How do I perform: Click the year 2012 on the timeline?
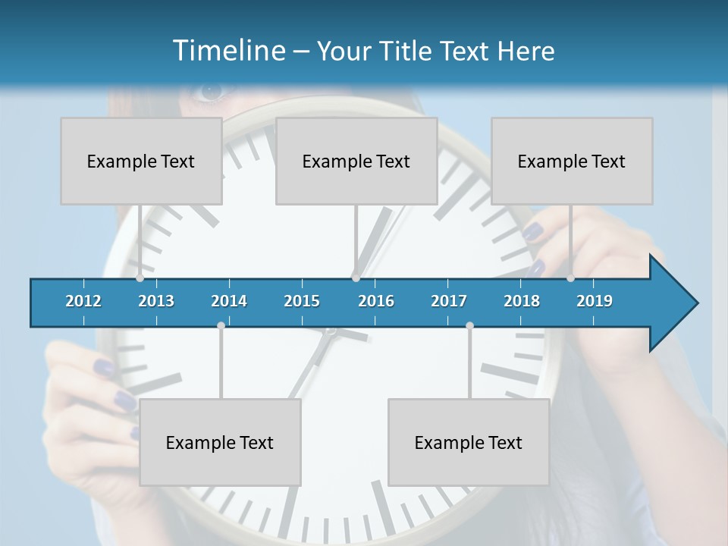click(83, 301)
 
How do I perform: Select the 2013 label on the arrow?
click(156, 301)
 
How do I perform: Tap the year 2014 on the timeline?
click(229, 301)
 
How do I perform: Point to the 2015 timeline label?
click(302, 301)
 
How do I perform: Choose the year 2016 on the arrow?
click(376, 301)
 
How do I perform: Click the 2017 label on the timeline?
click(449, 301)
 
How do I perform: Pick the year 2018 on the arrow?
click(522, 301)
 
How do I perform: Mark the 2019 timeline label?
click(595, 301)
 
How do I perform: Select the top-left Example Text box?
click(141, 161)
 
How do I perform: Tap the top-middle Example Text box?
click(356, 161)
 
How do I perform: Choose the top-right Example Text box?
click(572, 161)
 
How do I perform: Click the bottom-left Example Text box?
click(220, 442)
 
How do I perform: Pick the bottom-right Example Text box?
click(469, 442)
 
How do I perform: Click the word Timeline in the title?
click(227, 51)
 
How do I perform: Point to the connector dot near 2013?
click(140, 278)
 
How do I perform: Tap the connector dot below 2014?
click(221, 325)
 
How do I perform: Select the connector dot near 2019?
click(570, 278)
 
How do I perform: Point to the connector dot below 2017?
click(469, 325)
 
